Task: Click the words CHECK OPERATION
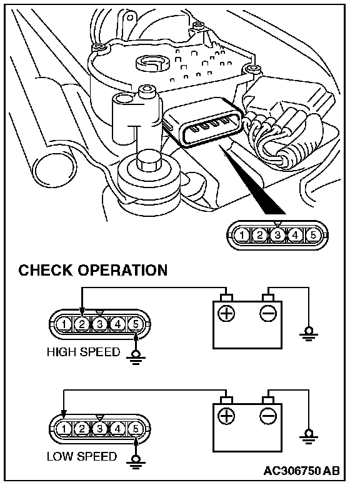tap(93, 270)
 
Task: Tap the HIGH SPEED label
tap(83, 352)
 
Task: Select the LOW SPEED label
tap(82, 456)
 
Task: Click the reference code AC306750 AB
tap(301, 471)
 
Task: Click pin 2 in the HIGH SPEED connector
tap(82, 324)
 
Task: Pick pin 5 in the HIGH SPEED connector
tap(136, 324)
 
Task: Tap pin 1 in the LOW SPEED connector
tap(64, 429)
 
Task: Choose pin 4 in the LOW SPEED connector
tap(117, 429)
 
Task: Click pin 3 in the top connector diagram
tap(277, 235)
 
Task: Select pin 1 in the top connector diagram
tap(241, 235)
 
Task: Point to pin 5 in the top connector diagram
tap(313, 235)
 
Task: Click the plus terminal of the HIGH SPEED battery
tap(226, 313)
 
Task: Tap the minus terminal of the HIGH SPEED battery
tap(268, 313)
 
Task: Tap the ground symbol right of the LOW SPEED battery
tap(308, 436)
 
